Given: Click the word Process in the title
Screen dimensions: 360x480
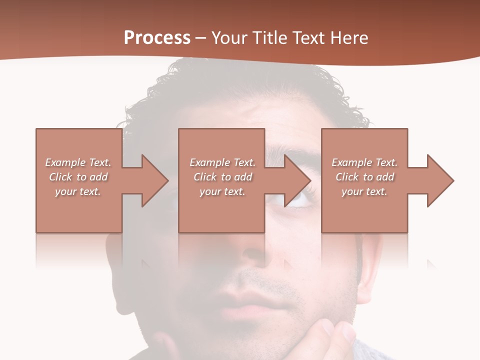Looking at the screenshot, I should [157, 38].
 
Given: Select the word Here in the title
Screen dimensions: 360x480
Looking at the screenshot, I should [349, 38].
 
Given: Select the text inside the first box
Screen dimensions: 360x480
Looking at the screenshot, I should [78, 177].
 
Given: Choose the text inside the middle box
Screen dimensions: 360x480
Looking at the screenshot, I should [222, 177].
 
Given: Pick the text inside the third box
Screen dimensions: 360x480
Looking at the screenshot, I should [364, 177].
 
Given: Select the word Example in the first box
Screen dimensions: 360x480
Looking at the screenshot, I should [65, 162].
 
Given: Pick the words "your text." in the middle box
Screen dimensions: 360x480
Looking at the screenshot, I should [222, 191].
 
